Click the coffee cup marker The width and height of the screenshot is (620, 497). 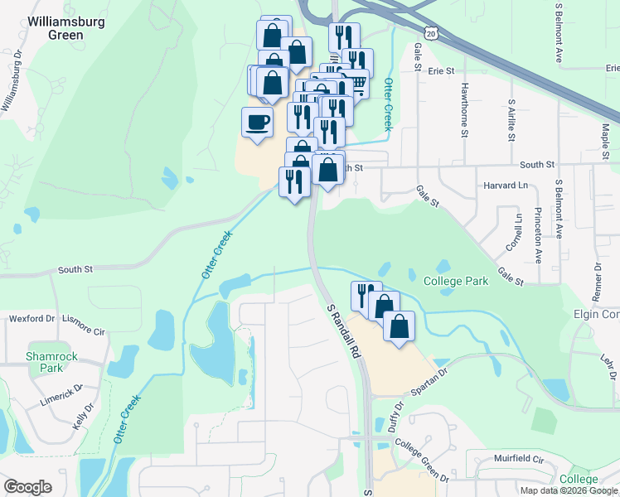(x=256, y=123)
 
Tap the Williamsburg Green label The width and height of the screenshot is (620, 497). (x=66, y=28)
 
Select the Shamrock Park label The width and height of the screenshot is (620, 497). (x=51, y=362)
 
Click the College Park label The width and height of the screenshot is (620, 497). (x=455, y=281)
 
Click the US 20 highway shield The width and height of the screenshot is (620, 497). (x=429, y=32)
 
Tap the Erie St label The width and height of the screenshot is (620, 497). (x=442, y=71)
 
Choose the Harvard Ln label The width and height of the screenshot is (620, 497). (x=506, y=186)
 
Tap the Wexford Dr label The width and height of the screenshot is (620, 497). (x=31, y=318)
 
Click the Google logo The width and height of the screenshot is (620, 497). (x=28, y=487)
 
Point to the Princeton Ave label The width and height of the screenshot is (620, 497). (x=538, y=236)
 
